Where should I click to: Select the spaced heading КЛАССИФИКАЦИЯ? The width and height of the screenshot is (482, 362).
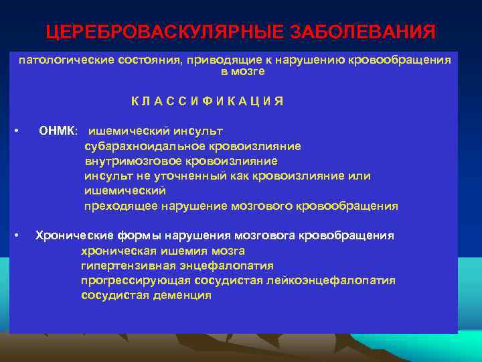pos(207,101)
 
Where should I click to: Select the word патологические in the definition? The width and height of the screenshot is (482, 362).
pos(58,60)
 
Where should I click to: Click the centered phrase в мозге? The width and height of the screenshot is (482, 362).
pos(242,71)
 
